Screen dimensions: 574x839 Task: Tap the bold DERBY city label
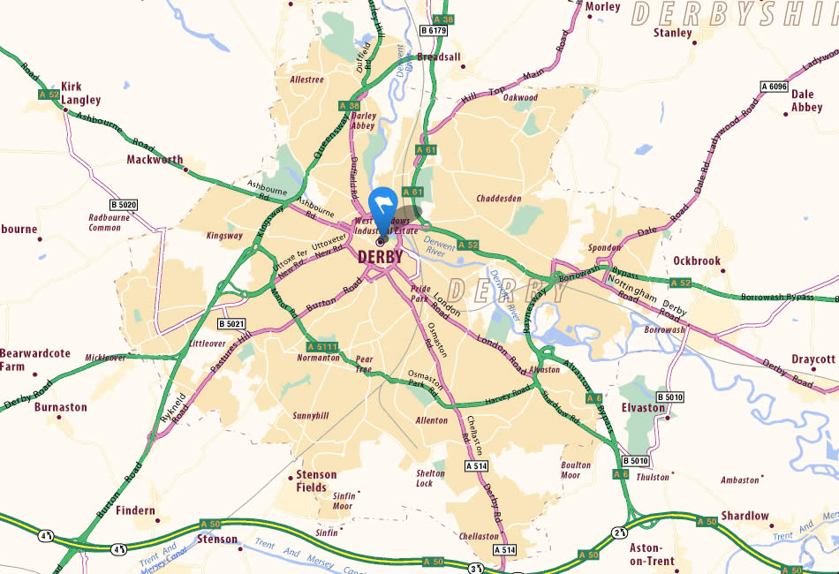click(380, 257)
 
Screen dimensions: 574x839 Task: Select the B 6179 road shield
click(434, 31)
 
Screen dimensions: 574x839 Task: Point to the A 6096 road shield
click(773, 87)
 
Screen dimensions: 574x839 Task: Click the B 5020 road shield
click(125, 205)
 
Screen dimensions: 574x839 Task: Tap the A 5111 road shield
click(322, 346)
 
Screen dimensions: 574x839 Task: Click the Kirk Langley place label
click(81, 94)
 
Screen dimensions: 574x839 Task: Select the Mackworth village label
click(154, 161)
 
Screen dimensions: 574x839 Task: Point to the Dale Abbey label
click(806, 101)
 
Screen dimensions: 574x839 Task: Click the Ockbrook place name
click(697, 261)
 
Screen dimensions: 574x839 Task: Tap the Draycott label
click(813, 359)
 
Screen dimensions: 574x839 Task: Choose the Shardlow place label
click(745, 516)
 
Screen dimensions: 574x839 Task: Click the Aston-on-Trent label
click(652, 554)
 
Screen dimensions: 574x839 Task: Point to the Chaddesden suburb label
click(500, 199)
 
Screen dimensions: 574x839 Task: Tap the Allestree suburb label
click(307, 79)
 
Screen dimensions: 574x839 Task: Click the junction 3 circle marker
click(476, 568)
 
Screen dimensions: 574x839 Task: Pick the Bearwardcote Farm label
click(34, 359)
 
